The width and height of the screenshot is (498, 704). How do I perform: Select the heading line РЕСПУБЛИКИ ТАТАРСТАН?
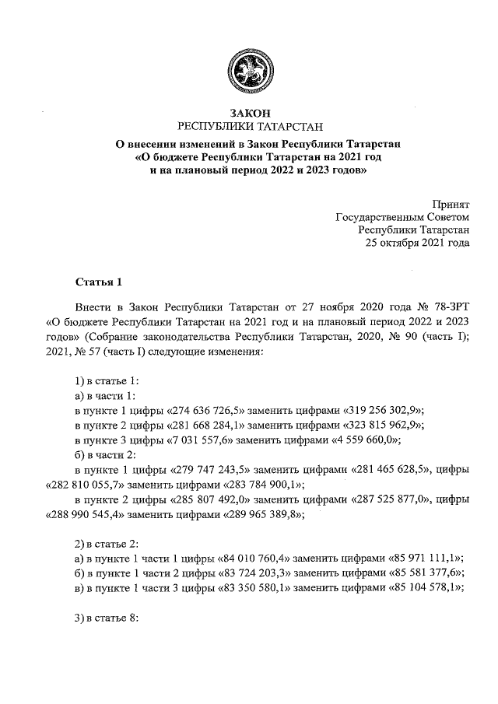[x=249, y=127]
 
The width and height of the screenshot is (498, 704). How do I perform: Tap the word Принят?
[x=451, y=203]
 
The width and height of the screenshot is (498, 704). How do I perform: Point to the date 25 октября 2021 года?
[x=417, y=243]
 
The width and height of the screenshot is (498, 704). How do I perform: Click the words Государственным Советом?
[x=403, y=216]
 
